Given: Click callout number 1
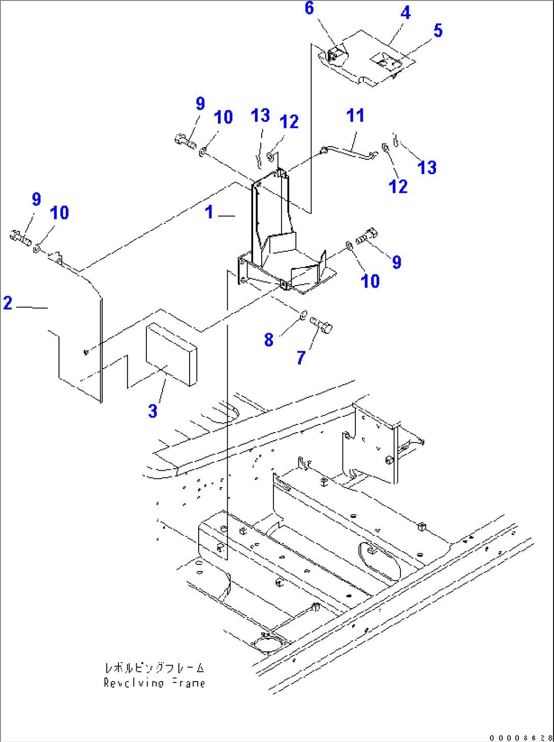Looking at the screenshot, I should tap(209, 212).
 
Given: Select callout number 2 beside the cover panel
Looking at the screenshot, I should tap(8, 303).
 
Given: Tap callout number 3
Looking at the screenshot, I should tap(152, 411).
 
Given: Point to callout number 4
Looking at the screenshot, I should tap(405, 13).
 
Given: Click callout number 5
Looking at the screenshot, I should tap(438, 31).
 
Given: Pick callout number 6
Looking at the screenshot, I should tap(309, 8).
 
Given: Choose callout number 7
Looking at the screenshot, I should tap(301, 358).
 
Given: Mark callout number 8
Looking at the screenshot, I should tap(269, 339).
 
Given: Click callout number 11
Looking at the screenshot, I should tap(355, 116).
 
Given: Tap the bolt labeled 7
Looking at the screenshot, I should tap(321, 324).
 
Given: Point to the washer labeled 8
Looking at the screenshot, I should tap(303, 315).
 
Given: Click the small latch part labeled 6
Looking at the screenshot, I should tap(335, 54).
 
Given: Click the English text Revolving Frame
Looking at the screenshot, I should tap(154, 683).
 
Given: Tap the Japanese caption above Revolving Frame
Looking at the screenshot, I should tap(154, 668).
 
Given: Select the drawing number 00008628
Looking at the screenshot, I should tap(520, 737).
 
